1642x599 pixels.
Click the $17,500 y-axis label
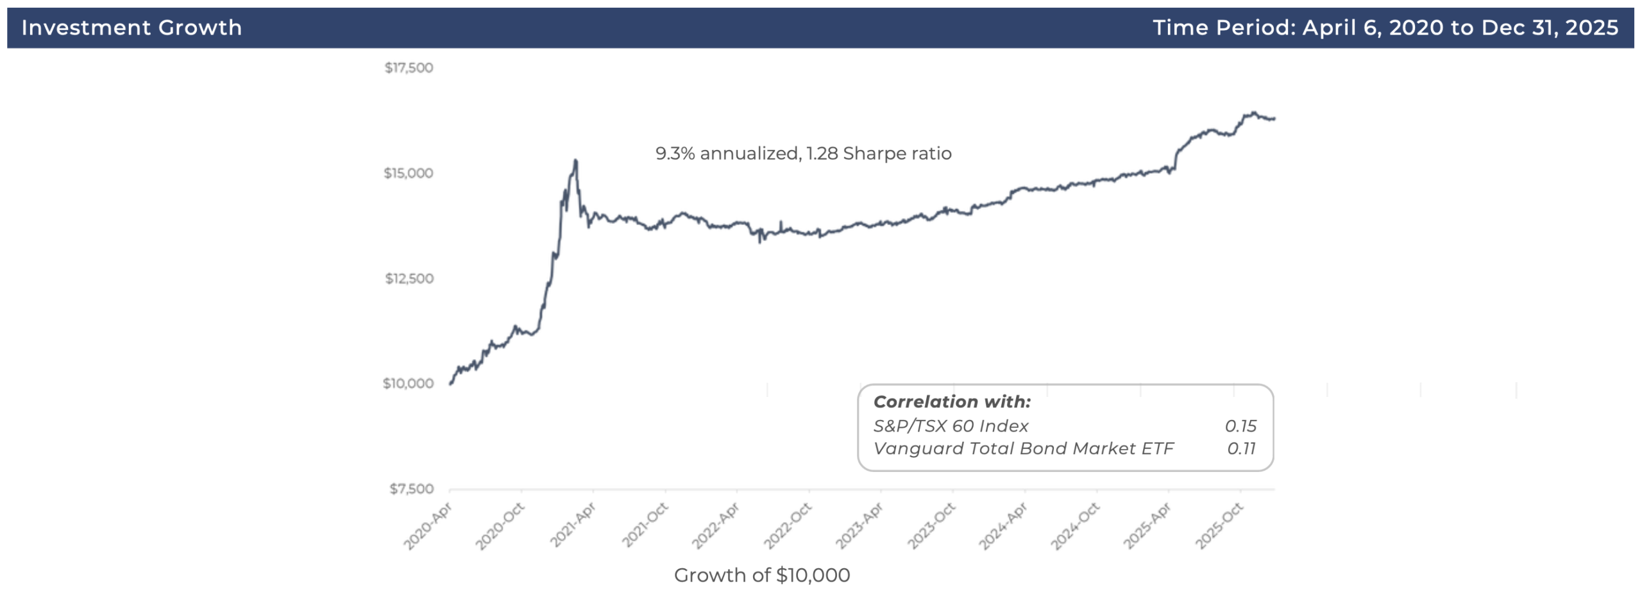(409, 68)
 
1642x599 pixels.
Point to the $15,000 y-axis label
(409, 173)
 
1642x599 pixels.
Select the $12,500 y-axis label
(409, 278)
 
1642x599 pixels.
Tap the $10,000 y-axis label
(408, 384)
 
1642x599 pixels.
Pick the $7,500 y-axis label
(411, 489)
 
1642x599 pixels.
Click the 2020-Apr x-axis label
(428, 526)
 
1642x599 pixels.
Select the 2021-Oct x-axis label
(645, 526)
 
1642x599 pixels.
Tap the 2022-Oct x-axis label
(788, 526)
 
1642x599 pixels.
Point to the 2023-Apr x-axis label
(860, 526)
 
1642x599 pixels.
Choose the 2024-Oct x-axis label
(1076, 526)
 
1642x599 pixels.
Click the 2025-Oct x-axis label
(1219, 526)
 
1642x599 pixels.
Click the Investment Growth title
(131, 28)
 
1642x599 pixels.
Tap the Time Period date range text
(1385, 28)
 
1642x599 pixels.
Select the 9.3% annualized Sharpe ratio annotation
(803, 153)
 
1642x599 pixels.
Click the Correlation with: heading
(952, 402)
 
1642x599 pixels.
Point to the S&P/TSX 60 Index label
(951, 426)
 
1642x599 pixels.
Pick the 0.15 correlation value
(1240, 426)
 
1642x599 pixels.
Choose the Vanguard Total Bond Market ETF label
(1023, 448)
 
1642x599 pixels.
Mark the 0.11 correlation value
(1241, 448)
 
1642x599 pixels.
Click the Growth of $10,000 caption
(762, 575)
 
